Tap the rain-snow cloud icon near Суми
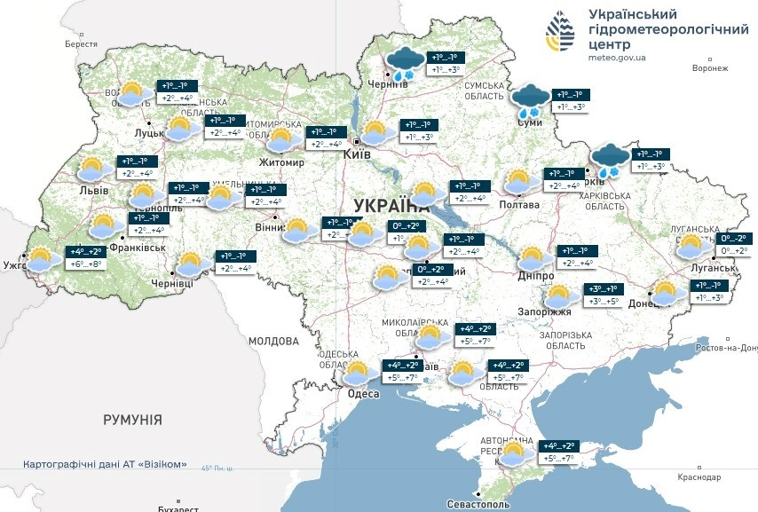pos(533,100)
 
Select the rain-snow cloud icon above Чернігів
pos(405,62)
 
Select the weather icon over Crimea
pos(513,453)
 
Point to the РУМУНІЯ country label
pos(132,419)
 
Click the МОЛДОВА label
pos(273,341)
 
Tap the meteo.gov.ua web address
pos(617,57)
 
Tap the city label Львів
pos(93,190)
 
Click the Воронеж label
pos(709,67)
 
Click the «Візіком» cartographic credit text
pos(107,465)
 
